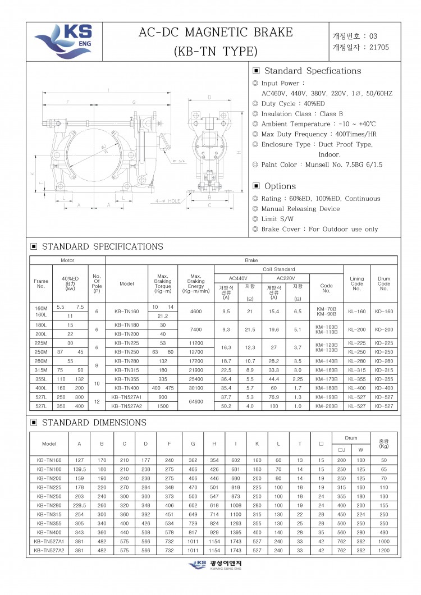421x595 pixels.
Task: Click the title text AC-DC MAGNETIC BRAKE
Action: (x=216, y=33)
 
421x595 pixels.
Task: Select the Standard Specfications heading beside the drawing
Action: (x=312, y=71)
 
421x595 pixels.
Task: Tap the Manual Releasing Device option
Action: (x=300, y=209)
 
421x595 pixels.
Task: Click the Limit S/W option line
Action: (x=277, y=219)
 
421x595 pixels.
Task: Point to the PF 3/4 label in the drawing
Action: (x=180, y=161)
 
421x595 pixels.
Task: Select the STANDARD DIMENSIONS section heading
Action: (x=94, y=422)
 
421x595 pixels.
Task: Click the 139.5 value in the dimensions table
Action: (x=80, y=469)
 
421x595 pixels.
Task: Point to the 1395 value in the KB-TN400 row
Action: (x=236, y=532)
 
